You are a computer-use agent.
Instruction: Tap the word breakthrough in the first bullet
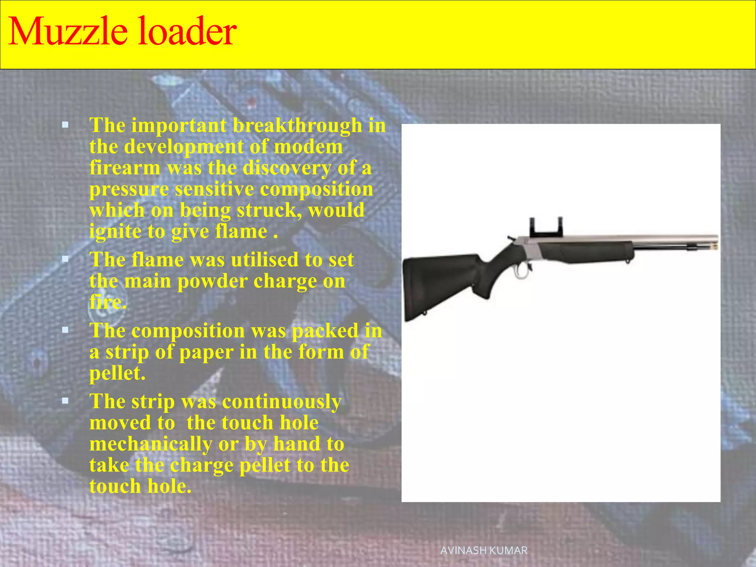(297, 126)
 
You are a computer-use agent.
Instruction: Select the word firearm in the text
(125, 168)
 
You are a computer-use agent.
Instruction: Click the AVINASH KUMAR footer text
(484, 550)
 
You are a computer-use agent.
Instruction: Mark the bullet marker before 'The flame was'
(65, 260)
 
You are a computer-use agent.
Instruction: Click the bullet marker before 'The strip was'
(65, 401)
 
